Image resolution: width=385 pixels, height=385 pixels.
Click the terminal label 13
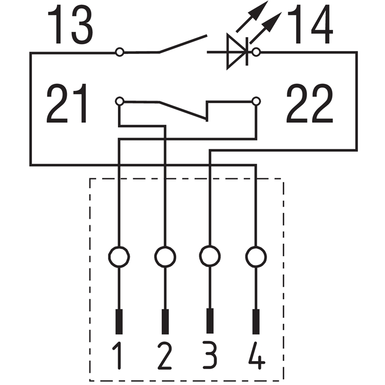pyautogui.click(x=70, y=25)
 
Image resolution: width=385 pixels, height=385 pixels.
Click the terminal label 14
pyautogui.click(x=310, y=25)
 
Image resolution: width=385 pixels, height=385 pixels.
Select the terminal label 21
pyautogui.click(x=67, y=103)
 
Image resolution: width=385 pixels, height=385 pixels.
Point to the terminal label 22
pyautogui.click(x=309, y=103)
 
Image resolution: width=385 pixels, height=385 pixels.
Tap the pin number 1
pyautogui.click(x=117, y=355)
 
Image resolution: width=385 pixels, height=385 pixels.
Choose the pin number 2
pyautogui.click(x=165, y=355)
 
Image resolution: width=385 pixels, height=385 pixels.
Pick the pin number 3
pyautogui.click(x=210, y=355)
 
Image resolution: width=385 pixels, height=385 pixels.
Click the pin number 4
pyautogui.click(x=257, y=355)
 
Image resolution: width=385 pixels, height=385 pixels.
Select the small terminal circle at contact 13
pyautogui.click(x=119, y=52)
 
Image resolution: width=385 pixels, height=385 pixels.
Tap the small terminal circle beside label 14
pyautogui.click(x=256, y=52)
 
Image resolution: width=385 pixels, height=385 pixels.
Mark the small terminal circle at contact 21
pyautogui.click(x=119, y=101)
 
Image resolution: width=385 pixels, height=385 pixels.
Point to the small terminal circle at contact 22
pyautogui.click(x=256, y=101)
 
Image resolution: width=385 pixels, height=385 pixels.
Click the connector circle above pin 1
pyautogui.click(x=119, y=257)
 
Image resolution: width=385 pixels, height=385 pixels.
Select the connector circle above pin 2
pyautogui.click(x=165, y=257)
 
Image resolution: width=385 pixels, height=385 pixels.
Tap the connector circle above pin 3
pyautogui.click(x=210, y=257)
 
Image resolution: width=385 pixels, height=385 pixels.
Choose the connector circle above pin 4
pyautogui.click(x=256, y=257)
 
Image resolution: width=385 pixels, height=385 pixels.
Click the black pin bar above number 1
pyautogui.click(x=119, y=321)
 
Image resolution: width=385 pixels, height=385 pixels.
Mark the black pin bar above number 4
pyautogui.click(x=256, y=321)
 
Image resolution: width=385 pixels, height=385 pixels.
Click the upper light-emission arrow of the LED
pyautogui.click(x=252, y=16)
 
